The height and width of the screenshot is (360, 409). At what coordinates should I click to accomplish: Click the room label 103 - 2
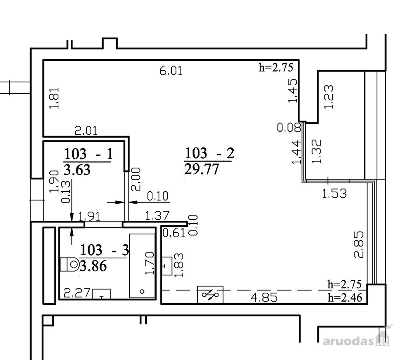[209, 153]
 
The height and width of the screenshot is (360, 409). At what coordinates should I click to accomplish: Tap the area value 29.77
[201, 170]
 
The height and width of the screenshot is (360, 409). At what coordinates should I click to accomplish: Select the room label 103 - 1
[88, 154]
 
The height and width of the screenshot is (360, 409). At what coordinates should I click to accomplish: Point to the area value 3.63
[77, 170]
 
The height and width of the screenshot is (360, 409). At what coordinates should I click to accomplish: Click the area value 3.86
[93, 266]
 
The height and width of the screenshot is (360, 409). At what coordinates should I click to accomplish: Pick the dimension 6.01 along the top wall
[171, 71]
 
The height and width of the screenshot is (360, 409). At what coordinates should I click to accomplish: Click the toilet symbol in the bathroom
[70, 265]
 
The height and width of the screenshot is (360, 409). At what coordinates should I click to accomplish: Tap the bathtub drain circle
[142, 292]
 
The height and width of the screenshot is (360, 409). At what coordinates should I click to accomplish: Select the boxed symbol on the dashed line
[210, 294]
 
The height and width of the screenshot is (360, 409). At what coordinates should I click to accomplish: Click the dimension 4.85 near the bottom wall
[264, 298]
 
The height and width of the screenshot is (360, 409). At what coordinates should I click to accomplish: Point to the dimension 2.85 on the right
[359, 244]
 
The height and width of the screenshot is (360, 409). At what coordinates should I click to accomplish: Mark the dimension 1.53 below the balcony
[335, 194]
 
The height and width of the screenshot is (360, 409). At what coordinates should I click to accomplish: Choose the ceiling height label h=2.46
[345, 298]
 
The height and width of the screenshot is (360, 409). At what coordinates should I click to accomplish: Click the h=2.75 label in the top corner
[276, 67]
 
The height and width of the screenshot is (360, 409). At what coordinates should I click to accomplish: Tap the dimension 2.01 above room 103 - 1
[86, 131]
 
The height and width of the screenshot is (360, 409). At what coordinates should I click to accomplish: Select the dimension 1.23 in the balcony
[329, 97]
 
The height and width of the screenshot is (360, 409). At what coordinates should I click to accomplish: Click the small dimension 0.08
[289, 128]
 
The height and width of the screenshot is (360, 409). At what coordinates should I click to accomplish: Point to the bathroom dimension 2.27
[77, 293]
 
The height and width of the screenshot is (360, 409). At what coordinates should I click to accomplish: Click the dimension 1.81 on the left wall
[54, 98]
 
